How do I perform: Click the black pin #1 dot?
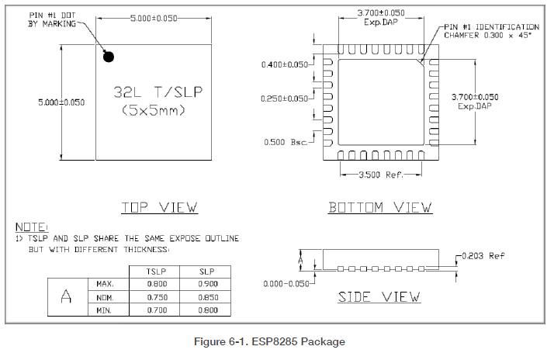(x=109, y=57)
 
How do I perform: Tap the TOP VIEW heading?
(x=159, y=207)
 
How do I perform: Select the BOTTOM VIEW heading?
(x=380, y=207)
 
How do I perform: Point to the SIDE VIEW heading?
(x=379, y=296)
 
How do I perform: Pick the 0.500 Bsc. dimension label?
(x=286, y=142)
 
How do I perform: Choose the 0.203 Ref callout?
(x=483, y=256)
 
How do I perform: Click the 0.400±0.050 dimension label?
(x=285, y=64)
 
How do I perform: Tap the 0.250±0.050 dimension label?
(x=285, y=99)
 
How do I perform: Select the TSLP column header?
(x=156, y=272)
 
